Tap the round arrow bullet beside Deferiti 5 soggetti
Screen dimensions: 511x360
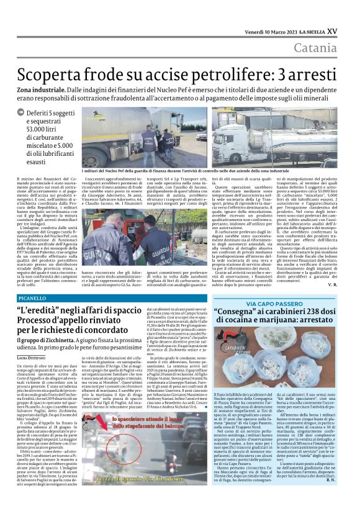click(x=23, y=113)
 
